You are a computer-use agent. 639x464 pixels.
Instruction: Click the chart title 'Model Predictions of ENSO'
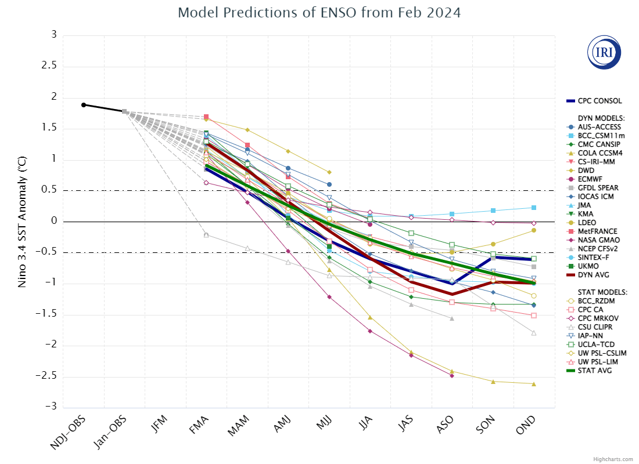click(x=319, y=13)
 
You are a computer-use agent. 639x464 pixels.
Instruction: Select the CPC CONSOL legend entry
click(x=599, y=101)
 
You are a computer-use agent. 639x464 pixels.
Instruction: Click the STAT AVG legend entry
click(x=595, y=371)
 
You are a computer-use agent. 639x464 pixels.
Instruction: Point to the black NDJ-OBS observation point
click(x=84, y=105)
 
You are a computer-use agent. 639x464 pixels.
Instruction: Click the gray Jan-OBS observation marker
click(x=124, y=111)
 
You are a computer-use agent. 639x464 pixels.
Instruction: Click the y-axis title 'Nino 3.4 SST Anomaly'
click(x=22, y=222)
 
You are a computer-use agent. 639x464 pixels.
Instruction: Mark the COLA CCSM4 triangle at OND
click(x=533, y=384)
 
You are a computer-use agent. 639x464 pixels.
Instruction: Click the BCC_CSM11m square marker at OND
click(x=533, y=208)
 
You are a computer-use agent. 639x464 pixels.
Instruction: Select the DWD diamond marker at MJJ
click(x=329, y=172)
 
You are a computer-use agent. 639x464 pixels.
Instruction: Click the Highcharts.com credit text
click(x=613, y=459)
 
